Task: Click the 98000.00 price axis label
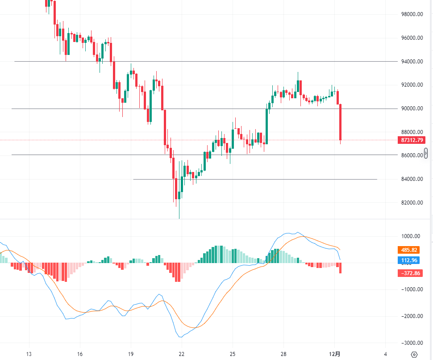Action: [412, 14]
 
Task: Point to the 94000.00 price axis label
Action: [412, 62]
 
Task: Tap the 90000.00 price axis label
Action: [412, 109]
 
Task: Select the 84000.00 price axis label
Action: [412, 179]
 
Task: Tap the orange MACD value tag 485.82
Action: [409, 250]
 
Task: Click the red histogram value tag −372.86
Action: [409, 273]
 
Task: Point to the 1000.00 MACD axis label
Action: [411, 236]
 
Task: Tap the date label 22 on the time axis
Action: [182, 354]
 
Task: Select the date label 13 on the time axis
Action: [29, 354]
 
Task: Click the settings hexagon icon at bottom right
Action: [414, 355]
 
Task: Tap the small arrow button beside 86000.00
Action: [426, 153]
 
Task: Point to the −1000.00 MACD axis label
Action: [409, 289]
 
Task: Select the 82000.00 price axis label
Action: [412, 203]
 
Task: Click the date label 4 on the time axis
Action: [385, 354]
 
